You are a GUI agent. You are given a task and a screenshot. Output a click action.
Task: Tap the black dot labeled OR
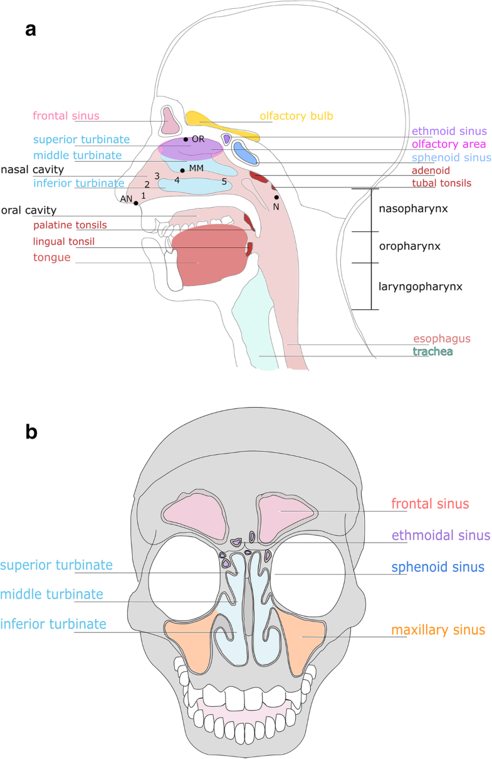(186, 139)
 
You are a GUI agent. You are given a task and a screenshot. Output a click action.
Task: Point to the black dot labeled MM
(182, 171)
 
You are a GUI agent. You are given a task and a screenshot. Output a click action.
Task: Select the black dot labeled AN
(136, 203)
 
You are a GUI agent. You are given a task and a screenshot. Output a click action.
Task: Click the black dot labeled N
(276, 198)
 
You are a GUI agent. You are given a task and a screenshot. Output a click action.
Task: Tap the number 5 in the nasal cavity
(224, 182)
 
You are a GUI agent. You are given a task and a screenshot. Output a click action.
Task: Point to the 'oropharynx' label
(410, 247)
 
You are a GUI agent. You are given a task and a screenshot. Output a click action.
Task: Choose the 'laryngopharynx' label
(421, 287)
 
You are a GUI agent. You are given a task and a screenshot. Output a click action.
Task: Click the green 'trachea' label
(432, 352)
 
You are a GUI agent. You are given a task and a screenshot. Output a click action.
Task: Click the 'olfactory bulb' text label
(296, 116)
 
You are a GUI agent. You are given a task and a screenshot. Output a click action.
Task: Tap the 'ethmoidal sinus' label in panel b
(441, 535)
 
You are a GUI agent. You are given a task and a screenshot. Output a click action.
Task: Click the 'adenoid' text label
(431, 171)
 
